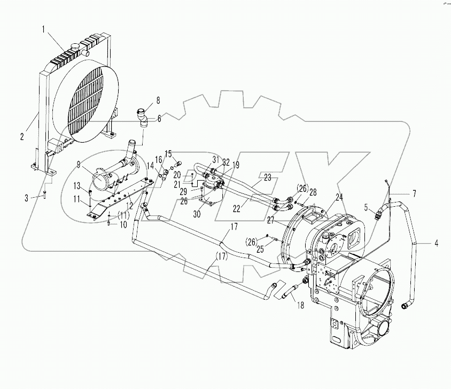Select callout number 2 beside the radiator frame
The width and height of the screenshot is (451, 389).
tap(22, 136)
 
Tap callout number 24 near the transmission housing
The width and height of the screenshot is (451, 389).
tap(339, 196)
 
